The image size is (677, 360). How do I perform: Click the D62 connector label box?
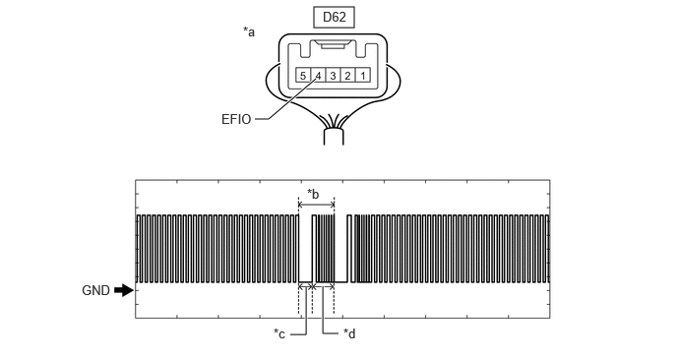point(335,18)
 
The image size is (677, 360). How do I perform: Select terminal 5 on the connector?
point(303,76)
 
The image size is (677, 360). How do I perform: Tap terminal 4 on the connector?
point(318,76)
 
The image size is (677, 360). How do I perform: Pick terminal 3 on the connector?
point(333,76)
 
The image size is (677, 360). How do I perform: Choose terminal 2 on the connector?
point(347,76)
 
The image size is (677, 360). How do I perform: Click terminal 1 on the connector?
point(363,76)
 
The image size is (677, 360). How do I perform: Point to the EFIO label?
point(236,120)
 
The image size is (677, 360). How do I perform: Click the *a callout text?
point(249,31)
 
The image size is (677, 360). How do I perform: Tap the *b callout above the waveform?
point(313,194)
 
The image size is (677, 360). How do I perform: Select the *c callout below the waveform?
point(279,333)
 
